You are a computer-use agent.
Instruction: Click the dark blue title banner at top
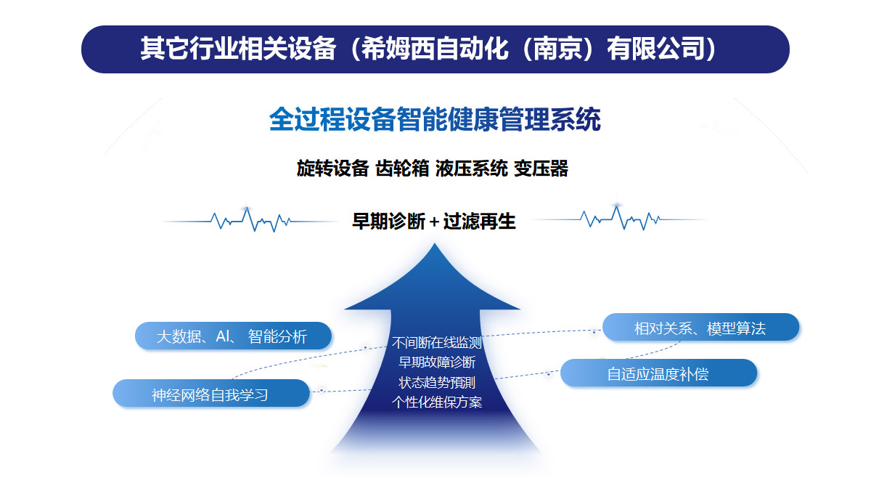pos(435,49)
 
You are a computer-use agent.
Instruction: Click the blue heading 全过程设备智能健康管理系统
pos(435,120)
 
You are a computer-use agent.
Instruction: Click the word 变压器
pos(541,169)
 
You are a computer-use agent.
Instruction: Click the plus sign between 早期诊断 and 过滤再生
pos(434,222)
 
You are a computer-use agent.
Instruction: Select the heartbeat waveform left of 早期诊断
pos(250,219)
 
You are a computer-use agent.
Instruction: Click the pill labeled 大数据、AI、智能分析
pos(233,336)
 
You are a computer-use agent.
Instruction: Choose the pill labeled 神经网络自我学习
pos(210,394)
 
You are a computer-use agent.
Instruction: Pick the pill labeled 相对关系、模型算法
pos(700,328)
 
